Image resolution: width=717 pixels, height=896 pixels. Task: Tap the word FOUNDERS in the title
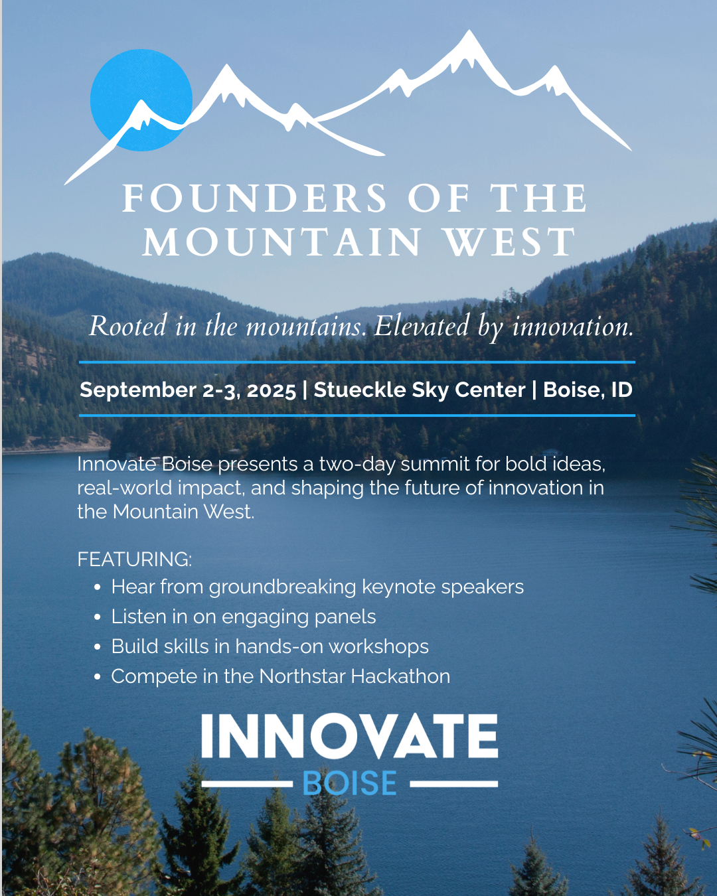point(255,198)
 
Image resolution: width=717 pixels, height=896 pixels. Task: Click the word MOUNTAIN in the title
point(281,242)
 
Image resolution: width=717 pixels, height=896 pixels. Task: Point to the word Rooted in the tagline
point(128,326)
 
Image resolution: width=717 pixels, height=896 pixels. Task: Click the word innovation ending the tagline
point(573,326)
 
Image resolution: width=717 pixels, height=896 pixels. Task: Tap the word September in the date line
point(138,391)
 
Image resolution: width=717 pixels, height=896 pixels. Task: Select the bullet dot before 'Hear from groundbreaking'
point(98,587)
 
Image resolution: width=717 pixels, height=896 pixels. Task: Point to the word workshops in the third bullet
point(378,647)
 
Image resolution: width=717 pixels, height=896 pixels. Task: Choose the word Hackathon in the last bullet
point(400,676)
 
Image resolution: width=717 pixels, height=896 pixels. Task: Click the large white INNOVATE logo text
point(350,735)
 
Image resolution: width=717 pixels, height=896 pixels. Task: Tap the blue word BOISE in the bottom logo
point(350,784)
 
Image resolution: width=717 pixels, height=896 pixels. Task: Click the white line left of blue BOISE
point(247,784)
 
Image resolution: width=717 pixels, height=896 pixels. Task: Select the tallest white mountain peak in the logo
point(469,33)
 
